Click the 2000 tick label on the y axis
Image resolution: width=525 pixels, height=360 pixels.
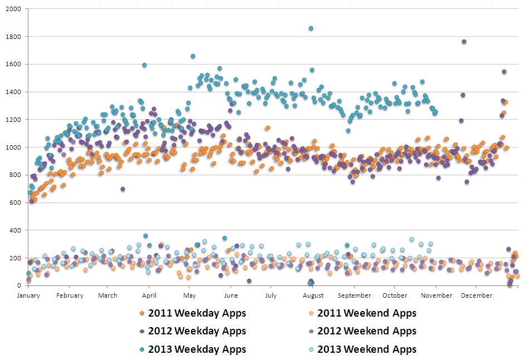tap(13, 9)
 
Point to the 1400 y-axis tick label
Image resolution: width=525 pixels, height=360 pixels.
tap(13, 92)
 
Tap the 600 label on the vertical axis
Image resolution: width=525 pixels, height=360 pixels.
tap(15, 203)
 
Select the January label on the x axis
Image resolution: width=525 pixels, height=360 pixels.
tap(28, 295)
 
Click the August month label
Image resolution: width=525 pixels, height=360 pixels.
tap(313, 295)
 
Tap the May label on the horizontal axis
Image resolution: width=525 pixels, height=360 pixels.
tap(189, 295)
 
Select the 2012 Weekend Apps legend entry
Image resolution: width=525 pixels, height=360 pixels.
tap(366, 331)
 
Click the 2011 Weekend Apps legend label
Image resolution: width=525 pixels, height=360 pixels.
tap(366, 313)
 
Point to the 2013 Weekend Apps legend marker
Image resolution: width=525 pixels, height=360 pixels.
tap(312, 349)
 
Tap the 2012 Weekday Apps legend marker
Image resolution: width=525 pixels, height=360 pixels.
tap(143, 332)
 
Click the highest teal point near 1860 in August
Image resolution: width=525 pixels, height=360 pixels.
tap(311, 28)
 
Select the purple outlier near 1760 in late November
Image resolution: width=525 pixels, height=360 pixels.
tap(464, 42)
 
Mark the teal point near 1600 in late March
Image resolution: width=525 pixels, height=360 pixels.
tap(144, 65)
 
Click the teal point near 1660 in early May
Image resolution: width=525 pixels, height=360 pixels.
tap(193, 56)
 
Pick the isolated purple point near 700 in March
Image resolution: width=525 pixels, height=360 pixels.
tap(122, 189)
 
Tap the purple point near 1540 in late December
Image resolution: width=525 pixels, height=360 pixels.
tap(504, 72)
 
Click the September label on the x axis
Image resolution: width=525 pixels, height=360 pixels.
tap(354, 295)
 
